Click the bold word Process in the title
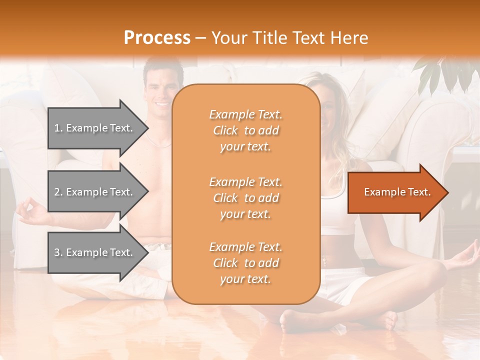click(157, 38)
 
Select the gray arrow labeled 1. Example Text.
click(95, 128)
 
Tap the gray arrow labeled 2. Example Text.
click(95, 192)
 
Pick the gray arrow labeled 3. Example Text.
click(95, 252)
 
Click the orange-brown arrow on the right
click(395, 192)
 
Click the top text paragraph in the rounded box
click(245, 130)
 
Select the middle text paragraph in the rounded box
click(245, 198)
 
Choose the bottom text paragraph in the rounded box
click(245, 263)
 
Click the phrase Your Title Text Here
click(289, 38)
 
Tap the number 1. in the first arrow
click(58, 128)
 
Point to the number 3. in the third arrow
click(58, 252)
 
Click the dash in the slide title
click(200, 38)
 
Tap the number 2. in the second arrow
click(58, 192)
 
